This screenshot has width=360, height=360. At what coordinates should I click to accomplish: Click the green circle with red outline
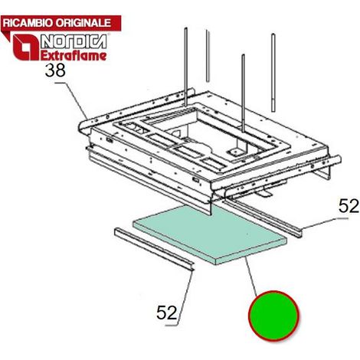(273, 316)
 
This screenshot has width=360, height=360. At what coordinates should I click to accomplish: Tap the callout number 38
(55, 70)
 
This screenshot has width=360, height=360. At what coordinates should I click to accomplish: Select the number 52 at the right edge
(349, 206)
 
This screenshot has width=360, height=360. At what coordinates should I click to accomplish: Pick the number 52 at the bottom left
(166, 313)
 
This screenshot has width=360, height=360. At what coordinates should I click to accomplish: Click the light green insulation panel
(209, 234)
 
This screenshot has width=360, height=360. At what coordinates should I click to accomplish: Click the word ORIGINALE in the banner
(83, 23)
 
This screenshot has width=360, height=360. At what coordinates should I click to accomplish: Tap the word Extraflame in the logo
(74, 56)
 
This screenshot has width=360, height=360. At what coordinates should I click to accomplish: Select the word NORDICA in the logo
(74, 41)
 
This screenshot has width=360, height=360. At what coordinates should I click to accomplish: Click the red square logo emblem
(25, 47)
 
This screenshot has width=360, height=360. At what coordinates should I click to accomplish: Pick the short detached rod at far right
(273, 73)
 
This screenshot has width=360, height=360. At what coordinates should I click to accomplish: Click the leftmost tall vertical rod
(186, 67)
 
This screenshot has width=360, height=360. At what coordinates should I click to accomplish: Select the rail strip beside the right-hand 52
(262, 218)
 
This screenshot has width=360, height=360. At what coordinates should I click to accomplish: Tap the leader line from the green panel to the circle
(250, 275)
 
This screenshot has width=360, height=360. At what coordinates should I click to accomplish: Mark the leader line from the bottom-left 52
(185, 298)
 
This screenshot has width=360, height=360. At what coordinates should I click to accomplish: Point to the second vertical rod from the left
(208, 56)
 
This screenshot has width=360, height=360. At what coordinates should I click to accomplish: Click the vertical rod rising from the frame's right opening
(243, 93)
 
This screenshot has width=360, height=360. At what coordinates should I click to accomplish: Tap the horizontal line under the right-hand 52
(343, 218)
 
